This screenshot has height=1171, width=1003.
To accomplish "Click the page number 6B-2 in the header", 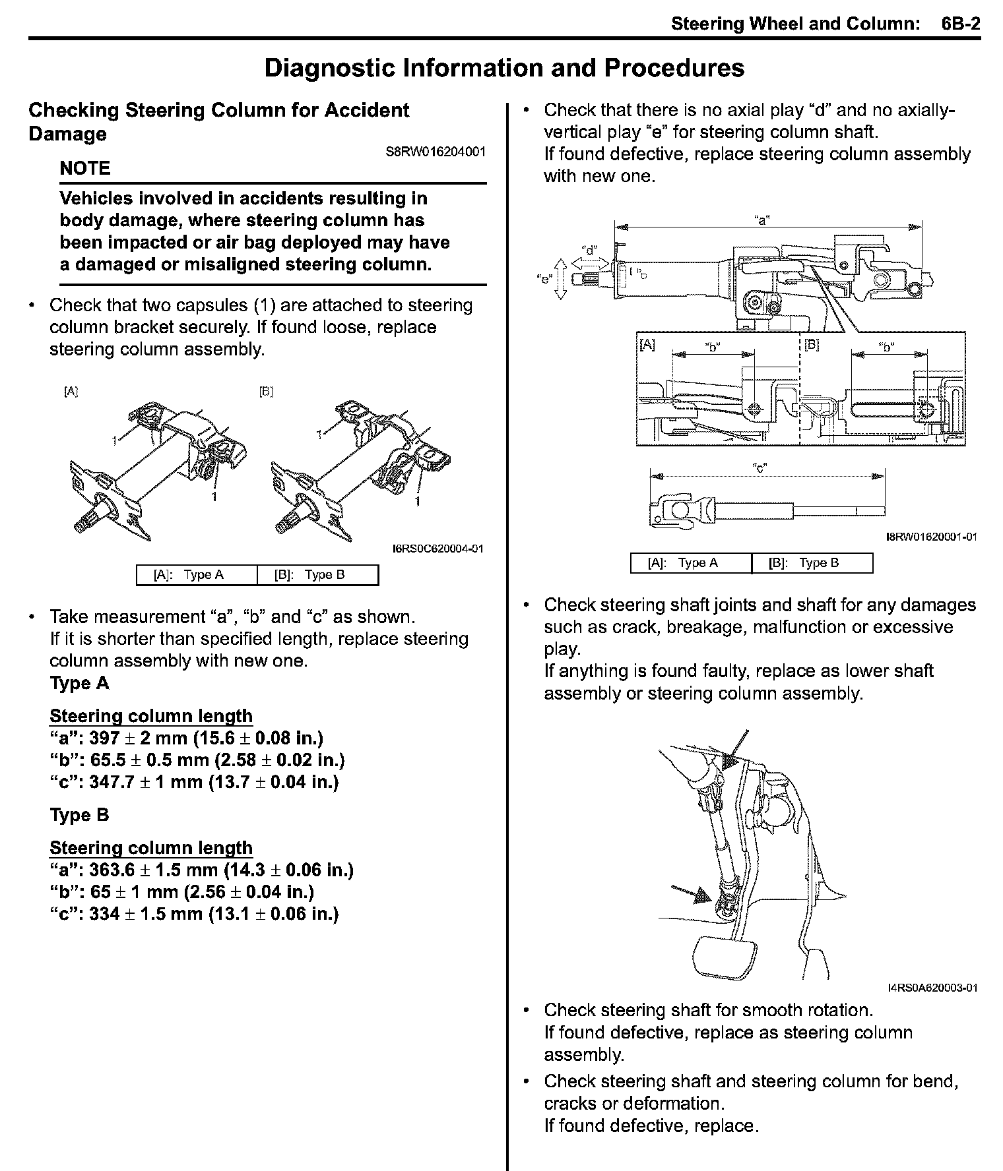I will pos(960,24).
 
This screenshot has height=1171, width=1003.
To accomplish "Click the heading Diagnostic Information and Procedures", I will pos(504,68).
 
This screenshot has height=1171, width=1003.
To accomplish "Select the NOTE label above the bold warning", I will pos(84,169).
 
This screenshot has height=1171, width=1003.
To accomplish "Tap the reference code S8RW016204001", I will pos(436,152).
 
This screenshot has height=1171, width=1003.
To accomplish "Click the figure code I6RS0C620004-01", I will pos(438,549).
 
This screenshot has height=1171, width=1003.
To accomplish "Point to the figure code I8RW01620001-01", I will pos(931,537).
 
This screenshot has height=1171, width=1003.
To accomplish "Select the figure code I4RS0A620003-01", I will pos(932,988).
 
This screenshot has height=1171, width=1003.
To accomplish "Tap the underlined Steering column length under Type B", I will pos(151,848).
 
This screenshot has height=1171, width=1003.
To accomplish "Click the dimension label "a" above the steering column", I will pos(762,220).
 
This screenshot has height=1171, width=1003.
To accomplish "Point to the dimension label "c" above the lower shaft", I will pos(760,468).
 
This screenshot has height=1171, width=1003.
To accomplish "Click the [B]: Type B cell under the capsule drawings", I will pos(317,575).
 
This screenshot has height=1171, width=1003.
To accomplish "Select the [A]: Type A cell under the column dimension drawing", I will pos(691,563).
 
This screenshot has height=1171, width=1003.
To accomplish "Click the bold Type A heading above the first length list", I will pos(79,683).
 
